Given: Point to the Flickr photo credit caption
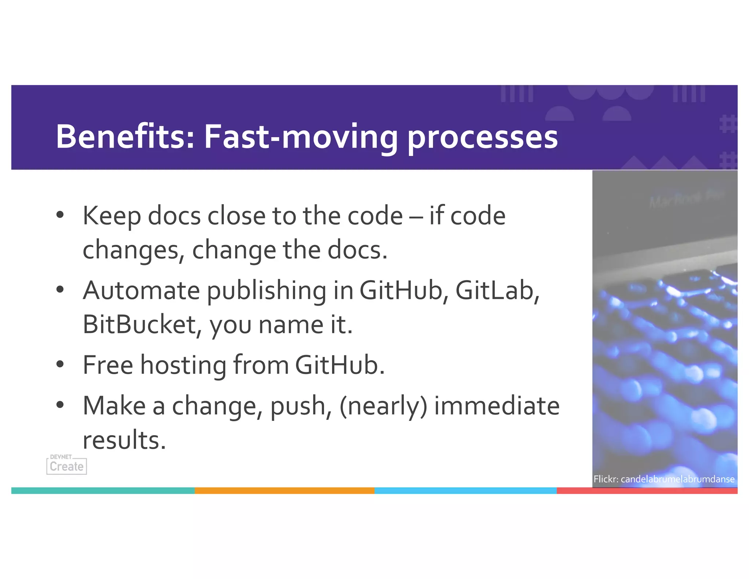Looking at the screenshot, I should point(664,479).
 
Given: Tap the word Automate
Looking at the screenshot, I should point(141,290).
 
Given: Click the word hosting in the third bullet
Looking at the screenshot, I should point(183,365).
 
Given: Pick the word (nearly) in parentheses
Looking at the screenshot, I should point(383,406).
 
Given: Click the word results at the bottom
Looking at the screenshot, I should point(124,440).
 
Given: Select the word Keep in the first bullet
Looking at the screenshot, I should point(112,216).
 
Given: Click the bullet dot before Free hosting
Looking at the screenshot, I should point(60,365).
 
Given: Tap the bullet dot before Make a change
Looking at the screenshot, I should point(60,405).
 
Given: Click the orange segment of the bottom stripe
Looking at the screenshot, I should point(285,490).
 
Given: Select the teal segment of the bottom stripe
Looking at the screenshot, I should point(103,490).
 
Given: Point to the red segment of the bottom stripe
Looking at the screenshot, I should point(647,491).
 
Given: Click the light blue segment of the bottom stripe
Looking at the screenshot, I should point(465,490).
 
